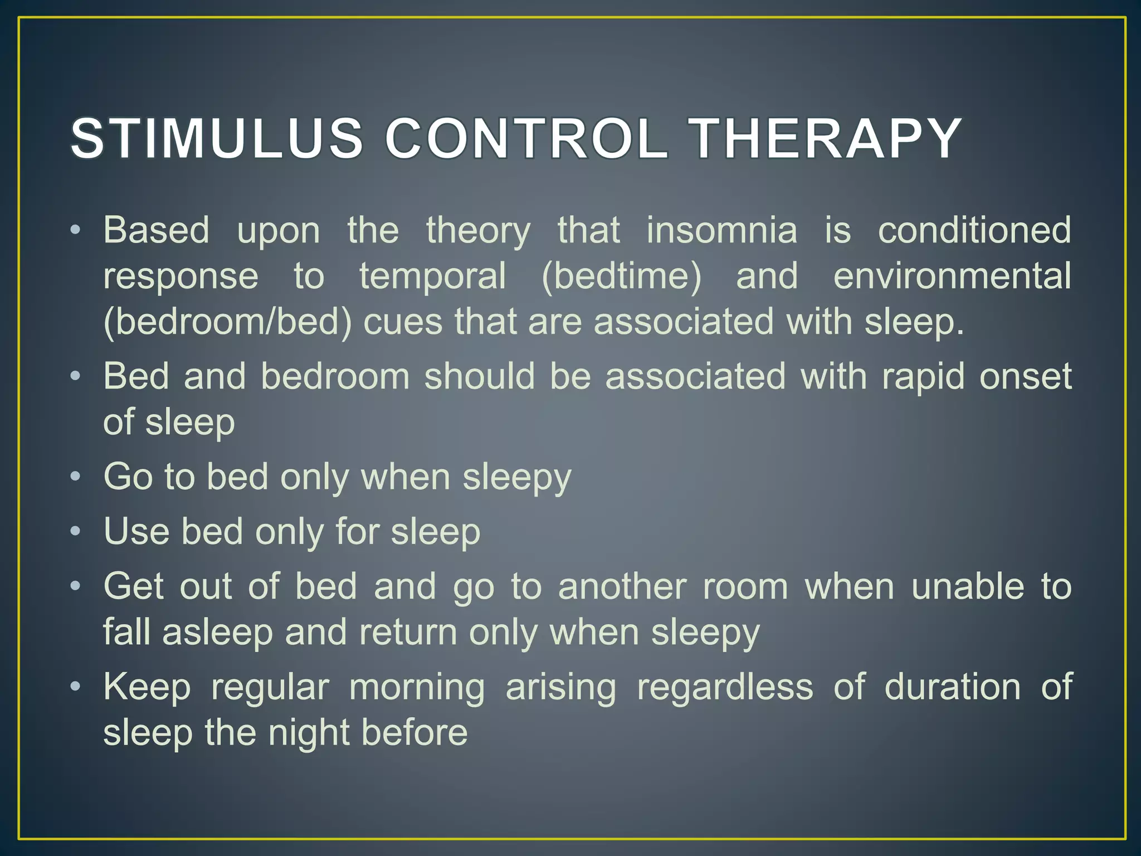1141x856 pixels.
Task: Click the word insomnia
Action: (x=721, y=230)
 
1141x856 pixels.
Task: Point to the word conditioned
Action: (x=974, y=230)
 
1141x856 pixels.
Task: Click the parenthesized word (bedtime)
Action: (x=621, y=276)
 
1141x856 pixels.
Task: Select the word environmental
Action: (x=952, y=276)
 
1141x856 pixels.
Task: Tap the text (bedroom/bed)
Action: (x=227, y=323)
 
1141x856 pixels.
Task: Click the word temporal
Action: (x=432, y=276)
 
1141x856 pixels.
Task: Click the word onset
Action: (x=1025, y=376)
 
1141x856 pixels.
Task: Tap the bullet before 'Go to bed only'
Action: (x=76, y=477)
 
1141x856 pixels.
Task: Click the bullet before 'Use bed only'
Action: (x=76, y=531)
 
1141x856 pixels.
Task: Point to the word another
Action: (x=622, y=587)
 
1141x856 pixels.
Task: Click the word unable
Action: (x=968, y=587)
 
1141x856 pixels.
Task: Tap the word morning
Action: (x=417, y=687)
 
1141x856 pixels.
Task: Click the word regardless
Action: (x=725, y=687)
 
